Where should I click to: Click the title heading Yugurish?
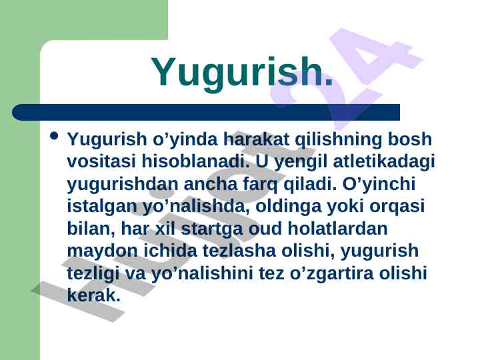pos(241,73)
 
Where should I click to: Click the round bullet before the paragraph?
pos(54,135)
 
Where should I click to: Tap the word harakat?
pos(256,139)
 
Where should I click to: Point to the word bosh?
pos(409,139)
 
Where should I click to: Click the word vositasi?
pos(101,161)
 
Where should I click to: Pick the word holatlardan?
pos(337,228)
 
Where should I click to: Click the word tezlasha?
pos(239,251)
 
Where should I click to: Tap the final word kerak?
pos(94,295)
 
